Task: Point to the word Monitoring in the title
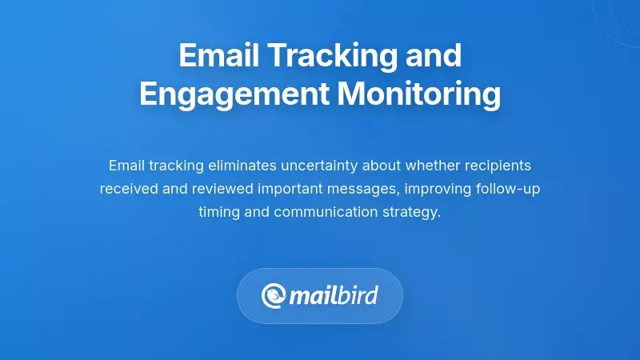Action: coord(418,94)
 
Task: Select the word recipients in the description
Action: coord(498,166)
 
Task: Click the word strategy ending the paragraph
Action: coord(412,212)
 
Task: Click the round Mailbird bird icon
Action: coord(274,296)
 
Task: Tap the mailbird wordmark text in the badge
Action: coord(334,296)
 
